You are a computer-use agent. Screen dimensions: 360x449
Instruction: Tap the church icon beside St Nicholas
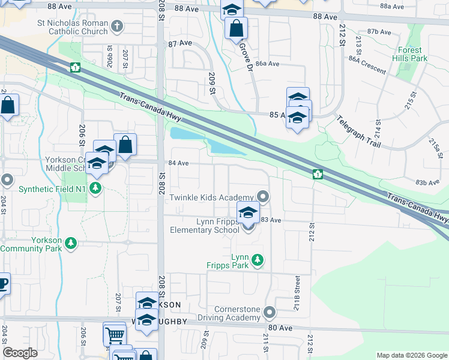point(118,26)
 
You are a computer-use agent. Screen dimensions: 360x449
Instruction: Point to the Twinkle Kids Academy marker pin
point(262,196)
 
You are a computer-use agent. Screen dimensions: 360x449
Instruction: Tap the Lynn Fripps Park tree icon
point(258,260)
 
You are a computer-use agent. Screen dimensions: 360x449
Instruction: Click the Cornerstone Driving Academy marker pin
point(270,312)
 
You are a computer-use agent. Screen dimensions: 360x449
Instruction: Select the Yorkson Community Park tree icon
point(71,242)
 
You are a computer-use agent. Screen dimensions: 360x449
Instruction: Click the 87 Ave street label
point(180,44)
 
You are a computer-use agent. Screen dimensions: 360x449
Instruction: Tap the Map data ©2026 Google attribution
point(411,355)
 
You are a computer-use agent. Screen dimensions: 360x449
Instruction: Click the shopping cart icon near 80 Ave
point(115,334)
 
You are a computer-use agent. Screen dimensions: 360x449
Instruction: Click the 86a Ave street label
point(268,64)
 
